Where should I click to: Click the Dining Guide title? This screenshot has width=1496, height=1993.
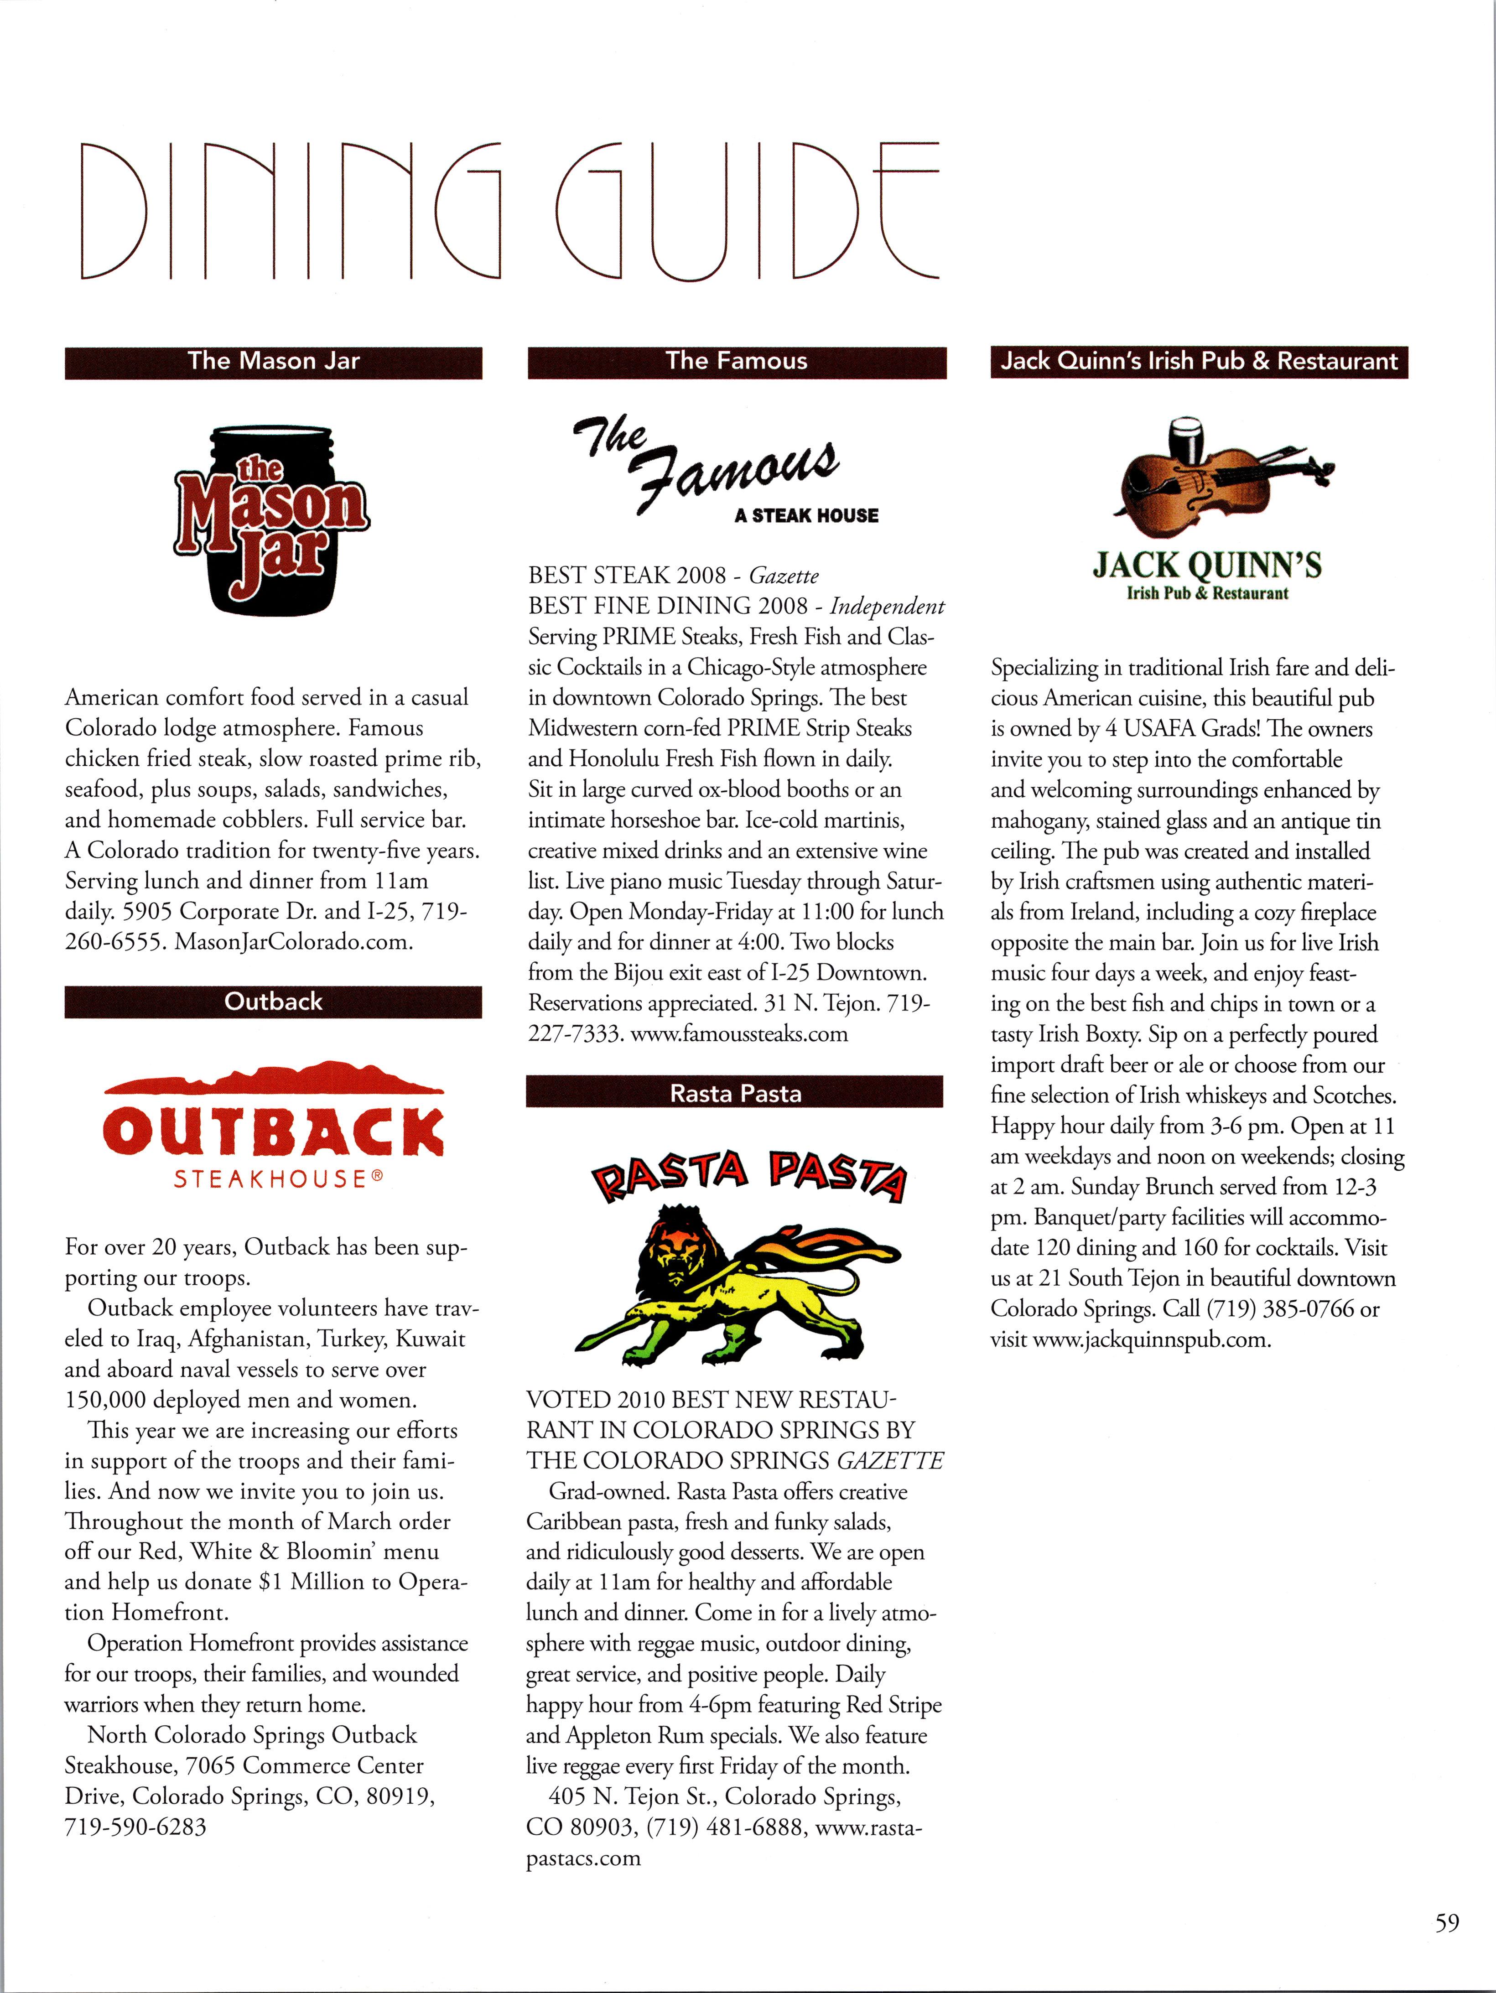click(509, 211)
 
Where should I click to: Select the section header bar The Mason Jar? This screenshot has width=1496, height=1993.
click(273, 362)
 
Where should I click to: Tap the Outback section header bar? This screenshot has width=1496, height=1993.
click(273, 1002)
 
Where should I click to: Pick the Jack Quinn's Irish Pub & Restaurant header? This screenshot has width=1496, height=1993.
click(1199, 362)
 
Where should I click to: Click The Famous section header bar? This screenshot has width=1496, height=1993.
click(736, 362)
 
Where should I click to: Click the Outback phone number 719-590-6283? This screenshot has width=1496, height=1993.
click(135, 1827)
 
